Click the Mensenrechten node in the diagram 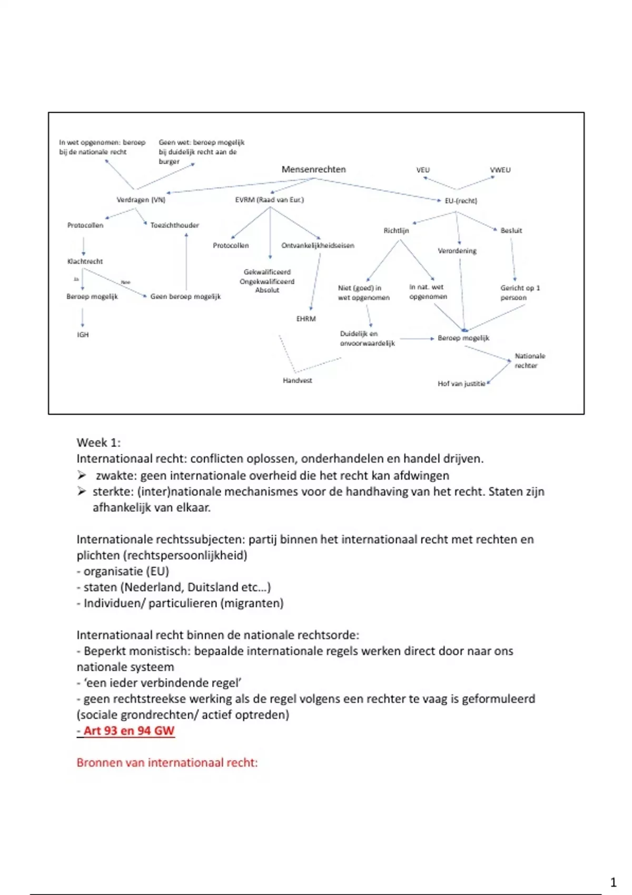tap(313, 170)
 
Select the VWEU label tap(500, 170)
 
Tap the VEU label tap(423, 170)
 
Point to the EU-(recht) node tap(460, 201)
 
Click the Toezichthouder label tap(174, 225)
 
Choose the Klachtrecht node tap(85, 261)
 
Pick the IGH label tap(83, 335)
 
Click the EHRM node tap(305, 319)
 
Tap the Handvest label tap(297, 381)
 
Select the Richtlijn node tap(396, 231)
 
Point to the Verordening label tap(457, 251)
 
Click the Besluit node tap(511, 231)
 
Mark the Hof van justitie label tap(461, 384)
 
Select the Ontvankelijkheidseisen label tap(318, 246)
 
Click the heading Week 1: tap(98, 443)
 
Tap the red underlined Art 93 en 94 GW tap(128, 731)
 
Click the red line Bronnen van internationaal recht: tap(167, 763)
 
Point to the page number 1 tap(613, 882)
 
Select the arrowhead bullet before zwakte tap(82, 475)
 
